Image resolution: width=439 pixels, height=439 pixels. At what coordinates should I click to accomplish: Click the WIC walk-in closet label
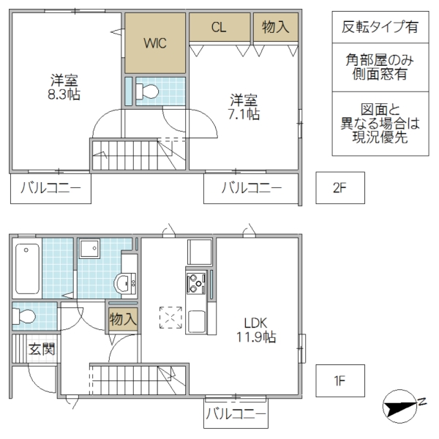tap(155, 42)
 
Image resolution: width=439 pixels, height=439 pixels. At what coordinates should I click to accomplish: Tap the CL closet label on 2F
tap(217, 28)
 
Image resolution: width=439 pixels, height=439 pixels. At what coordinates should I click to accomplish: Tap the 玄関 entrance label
tap(42, 350)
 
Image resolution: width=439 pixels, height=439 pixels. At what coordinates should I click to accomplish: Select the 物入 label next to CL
tap(275, 28)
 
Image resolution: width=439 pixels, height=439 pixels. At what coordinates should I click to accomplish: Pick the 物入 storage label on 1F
tap(121, 319)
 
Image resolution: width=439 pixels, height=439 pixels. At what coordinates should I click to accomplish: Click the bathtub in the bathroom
tap(27, 268)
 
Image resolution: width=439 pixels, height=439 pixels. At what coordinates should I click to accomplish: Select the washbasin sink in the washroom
tap(124, 282)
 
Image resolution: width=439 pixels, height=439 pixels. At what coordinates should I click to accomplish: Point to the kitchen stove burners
tap(197, 280)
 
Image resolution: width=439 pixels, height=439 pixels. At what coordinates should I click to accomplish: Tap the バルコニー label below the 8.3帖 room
tap(50, 188)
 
